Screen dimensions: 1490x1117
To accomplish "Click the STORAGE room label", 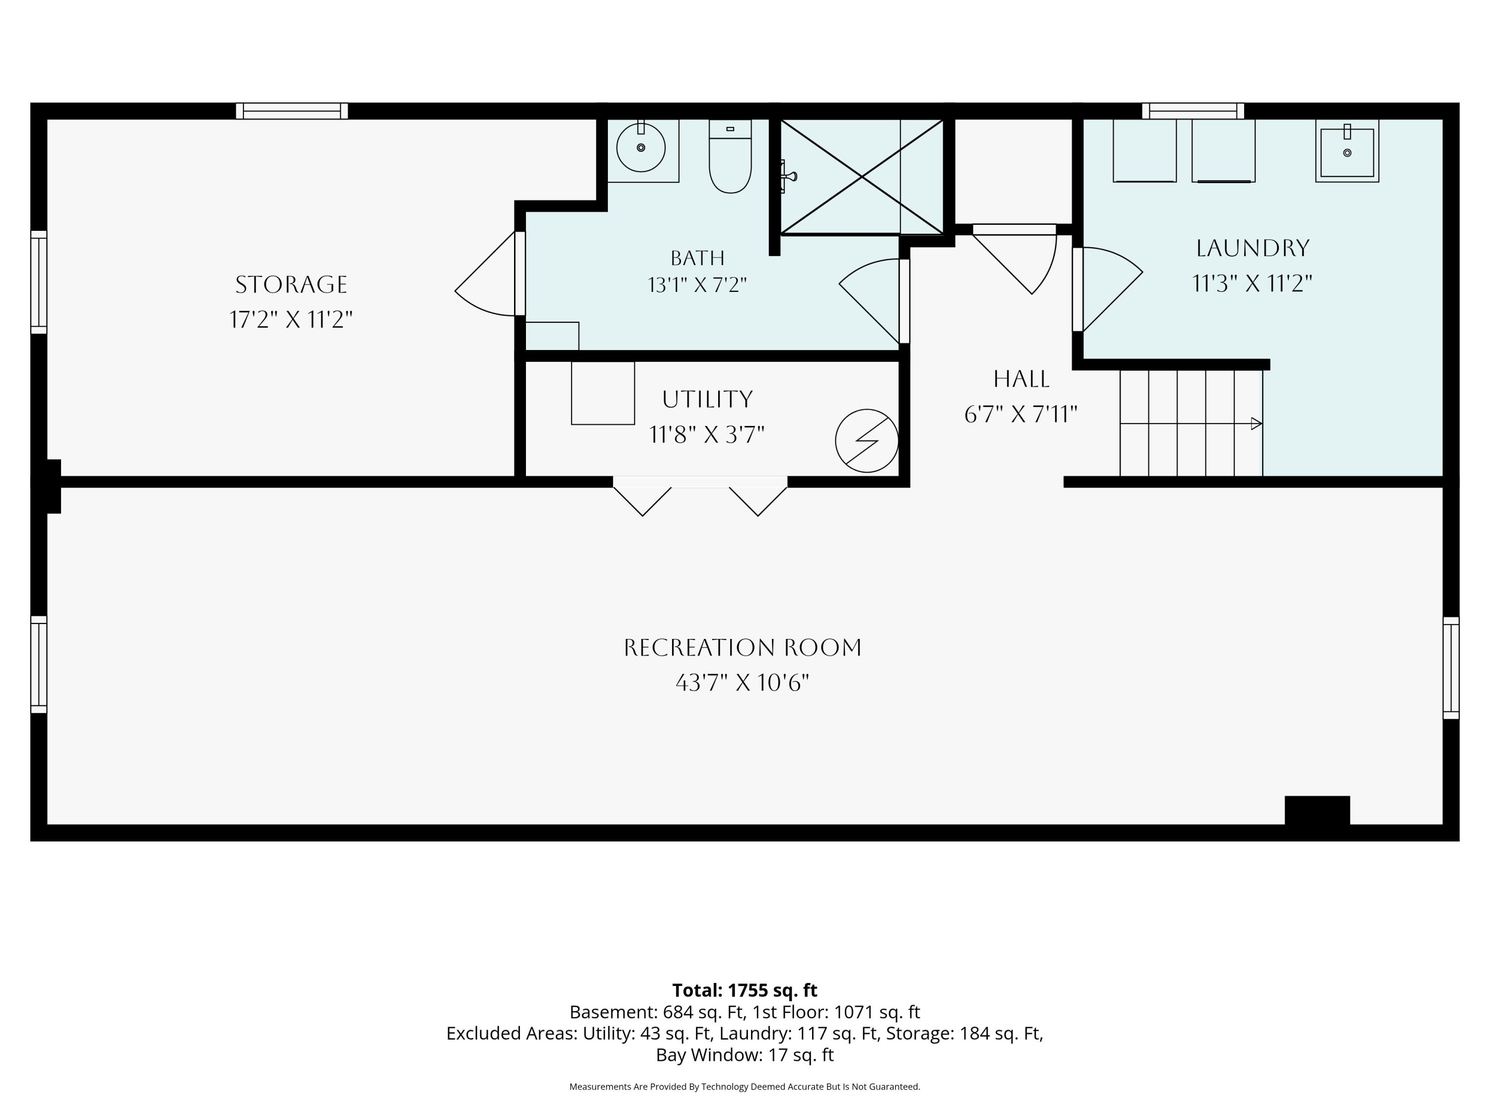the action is coord(291,285).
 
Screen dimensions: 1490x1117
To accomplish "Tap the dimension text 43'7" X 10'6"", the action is coord(743,683).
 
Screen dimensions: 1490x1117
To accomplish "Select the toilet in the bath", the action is coord(730,156).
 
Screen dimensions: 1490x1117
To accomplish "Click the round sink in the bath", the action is coord(641,147).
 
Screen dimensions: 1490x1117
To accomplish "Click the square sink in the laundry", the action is coord(1347,151).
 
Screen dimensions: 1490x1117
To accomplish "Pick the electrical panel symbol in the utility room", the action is coord(867,441).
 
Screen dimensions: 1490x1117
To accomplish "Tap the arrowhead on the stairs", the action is coord(1256,423).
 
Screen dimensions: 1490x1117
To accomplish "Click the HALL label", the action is coord(1021,379).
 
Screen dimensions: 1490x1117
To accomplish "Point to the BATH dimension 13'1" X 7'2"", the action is coord(698,285).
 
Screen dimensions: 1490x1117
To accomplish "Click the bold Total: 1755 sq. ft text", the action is coord(745,990).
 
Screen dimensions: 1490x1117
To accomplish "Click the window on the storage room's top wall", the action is coord(292,111).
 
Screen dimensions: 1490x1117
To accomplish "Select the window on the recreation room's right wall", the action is coord(1451,668).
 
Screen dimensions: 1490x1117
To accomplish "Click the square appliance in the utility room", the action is coord(603,393).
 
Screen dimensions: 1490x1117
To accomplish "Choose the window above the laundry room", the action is coord(1193,111).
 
